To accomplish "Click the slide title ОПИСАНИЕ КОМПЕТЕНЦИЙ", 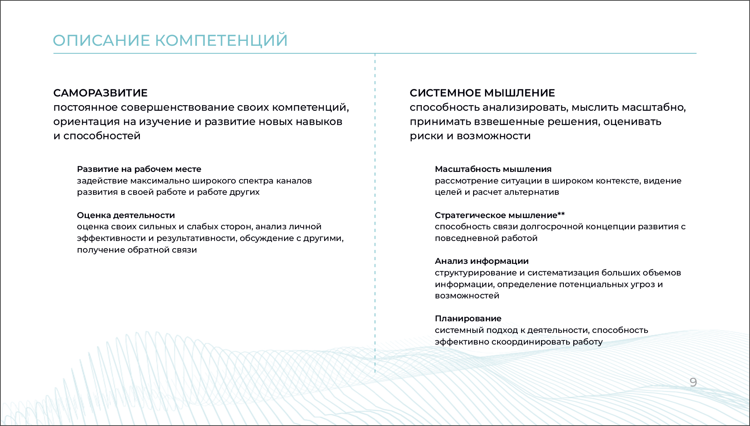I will pos(170,41).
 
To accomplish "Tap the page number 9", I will pos(693,382).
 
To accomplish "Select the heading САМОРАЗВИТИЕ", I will pos(101,93).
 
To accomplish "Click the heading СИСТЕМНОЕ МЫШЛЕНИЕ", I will pos(482,93).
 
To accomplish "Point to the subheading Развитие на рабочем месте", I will pos(139,169).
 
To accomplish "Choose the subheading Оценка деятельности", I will pos(126,215).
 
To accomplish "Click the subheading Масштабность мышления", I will pos(493,169).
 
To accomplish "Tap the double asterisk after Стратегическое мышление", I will pos(561,214).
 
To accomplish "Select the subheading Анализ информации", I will pos(482,261).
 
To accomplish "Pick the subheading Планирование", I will pos(468,318).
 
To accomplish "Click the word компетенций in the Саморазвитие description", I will pos(310,108).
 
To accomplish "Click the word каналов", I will pos(294,181).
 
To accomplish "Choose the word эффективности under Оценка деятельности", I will pos(111,238).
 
